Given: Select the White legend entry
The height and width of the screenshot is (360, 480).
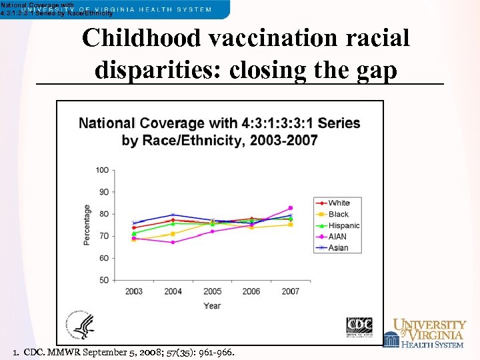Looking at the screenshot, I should (339, 203).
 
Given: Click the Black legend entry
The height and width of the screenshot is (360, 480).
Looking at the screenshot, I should (339, 214).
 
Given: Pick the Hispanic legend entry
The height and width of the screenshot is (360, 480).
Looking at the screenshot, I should (343, 225).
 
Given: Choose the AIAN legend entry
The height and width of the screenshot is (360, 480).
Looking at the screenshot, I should (338, 237).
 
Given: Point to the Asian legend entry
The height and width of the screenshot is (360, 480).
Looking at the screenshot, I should (338, 248).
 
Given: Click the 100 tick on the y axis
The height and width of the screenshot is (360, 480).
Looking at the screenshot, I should (101, 170).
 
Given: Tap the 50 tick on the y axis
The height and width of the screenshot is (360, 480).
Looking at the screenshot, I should (103, 280).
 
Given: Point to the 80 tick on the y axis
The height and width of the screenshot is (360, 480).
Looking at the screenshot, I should (103, 214).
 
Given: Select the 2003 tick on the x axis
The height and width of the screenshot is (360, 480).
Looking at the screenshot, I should (134, 291).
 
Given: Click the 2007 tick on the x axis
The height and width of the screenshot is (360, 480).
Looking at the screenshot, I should (290, 291).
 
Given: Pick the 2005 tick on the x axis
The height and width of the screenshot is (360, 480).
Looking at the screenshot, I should (212, 291).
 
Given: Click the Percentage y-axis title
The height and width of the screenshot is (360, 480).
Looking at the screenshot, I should (87, 225).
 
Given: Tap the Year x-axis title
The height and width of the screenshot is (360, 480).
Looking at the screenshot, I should (212, 305).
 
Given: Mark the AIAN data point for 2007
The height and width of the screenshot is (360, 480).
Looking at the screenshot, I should (290, 208).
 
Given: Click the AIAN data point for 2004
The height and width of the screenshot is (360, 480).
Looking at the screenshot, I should (173, 242).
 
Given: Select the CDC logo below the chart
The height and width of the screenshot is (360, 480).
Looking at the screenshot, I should (359, 327).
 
